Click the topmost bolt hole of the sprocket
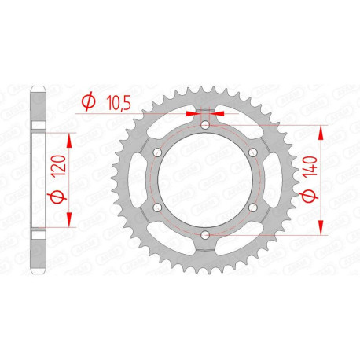click(x=204, y=124)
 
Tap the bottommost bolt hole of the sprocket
click(x=204, y=234)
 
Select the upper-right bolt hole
click(x=252, y=152)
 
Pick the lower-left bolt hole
click(x=156, y=207)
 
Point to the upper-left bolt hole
click(x=156, y=152)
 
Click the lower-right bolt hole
click(x=252, y=207)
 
